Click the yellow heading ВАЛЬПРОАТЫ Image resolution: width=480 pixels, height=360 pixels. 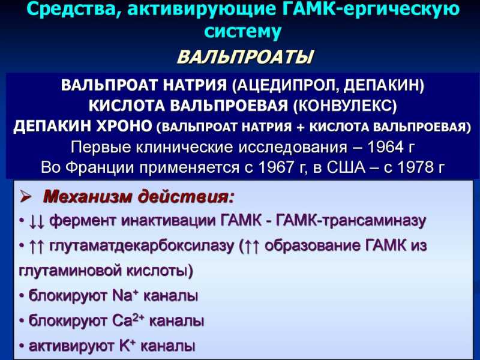tap(245, 57)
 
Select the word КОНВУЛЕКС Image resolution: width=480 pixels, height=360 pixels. tap(344, 106)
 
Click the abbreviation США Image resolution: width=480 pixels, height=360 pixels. tap(346, 167)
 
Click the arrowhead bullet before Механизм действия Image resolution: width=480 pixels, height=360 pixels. tap(26, 197)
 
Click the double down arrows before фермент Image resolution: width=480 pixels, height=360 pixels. tap(37, 221)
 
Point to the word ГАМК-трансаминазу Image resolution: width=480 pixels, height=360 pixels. tap(351, 221)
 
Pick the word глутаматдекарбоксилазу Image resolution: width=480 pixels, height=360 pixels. tap(142, 247)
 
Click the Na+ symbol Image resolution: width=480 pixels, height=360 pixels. tap(125, 296)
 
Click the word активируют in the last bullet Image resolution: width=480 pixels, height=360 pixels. tap(71, 347)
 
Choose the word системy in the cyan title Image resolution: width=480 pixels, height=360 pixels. tap(242, 32)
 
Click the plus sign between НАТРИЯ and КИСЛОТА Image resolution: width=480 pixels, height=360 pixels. tap(301, 127)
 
